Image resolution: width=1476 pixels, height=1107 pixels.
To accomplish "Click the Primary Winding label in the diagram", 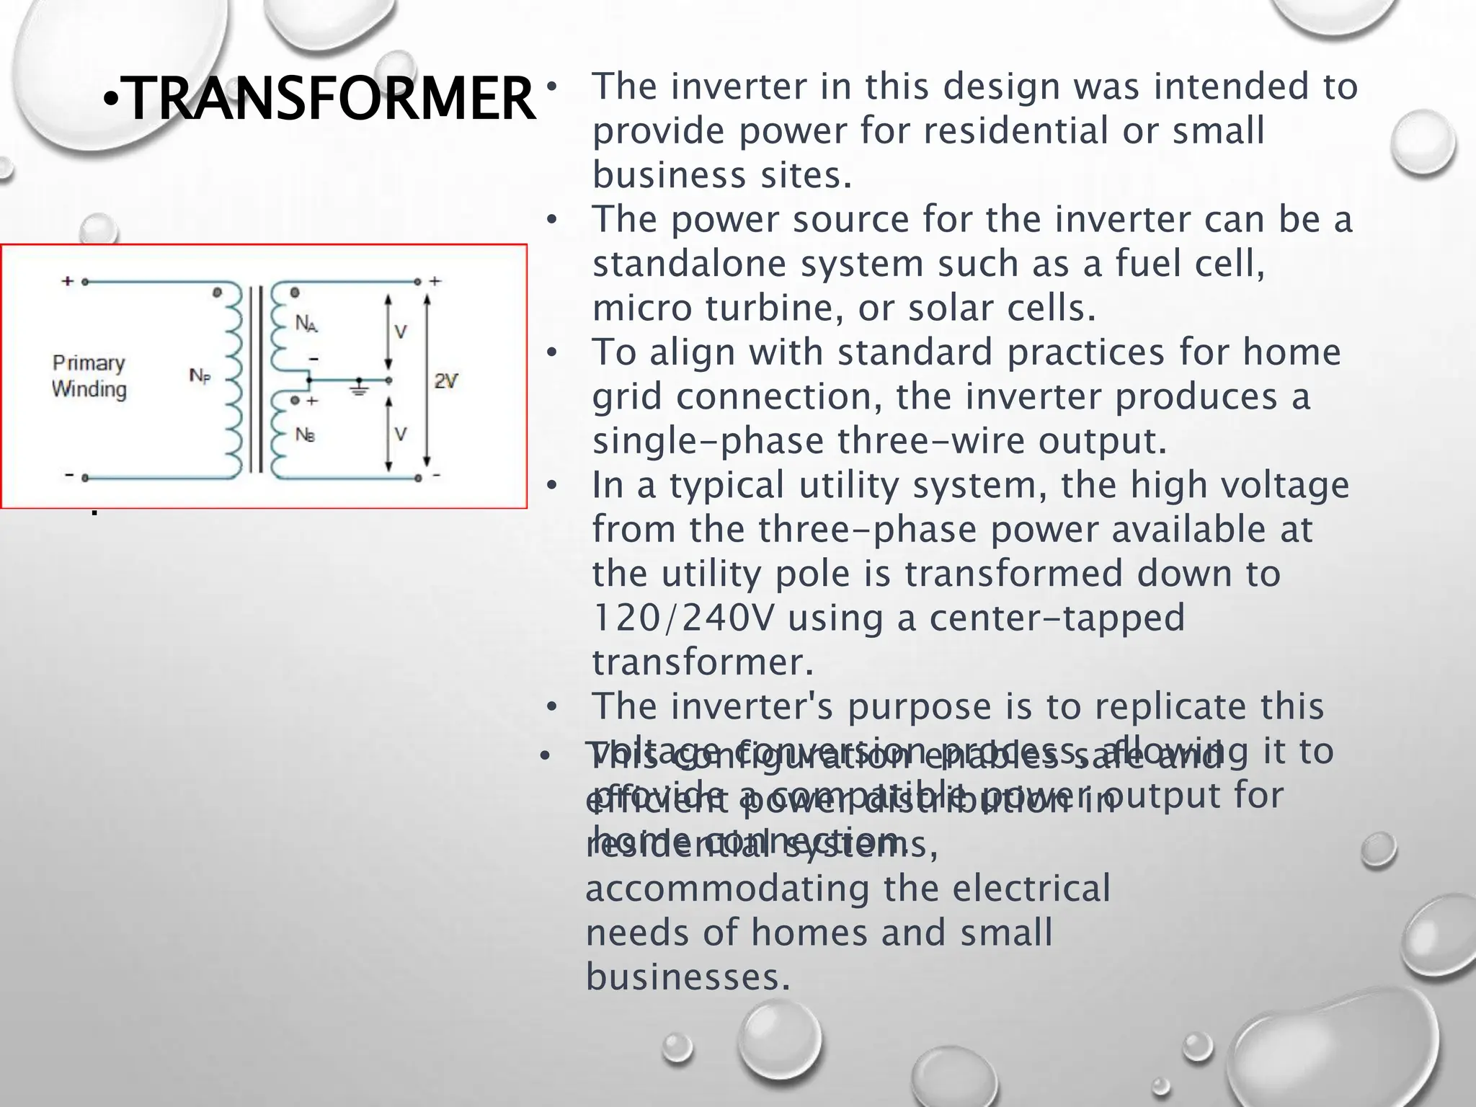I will pos(89,376).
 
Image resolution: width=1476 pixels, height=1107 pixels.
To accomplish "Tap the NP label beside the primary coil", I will pos(200,375).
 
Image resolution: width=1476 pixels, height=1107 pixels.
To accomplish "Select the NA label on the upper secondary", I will pos(306,324).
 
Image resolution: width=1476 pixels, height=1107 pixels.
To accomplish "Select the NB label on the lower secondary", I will pos(305,435).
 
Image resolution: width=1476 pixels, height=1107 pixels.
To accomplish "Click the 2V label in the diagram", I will pos(445,381).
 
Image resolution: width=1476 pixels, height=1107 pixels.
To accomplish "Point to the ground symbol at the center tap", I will pos(359,388).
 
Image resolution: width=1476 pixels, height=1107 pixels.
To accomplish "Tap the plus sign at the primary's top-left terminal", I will pos(68,281).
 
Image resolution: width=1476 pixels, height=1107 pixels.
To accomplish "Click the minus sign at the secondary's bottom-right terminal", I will pos(437,476).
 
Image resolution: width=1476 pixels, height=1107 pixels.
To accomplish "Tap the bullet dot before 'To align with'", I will pos(551,353).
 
